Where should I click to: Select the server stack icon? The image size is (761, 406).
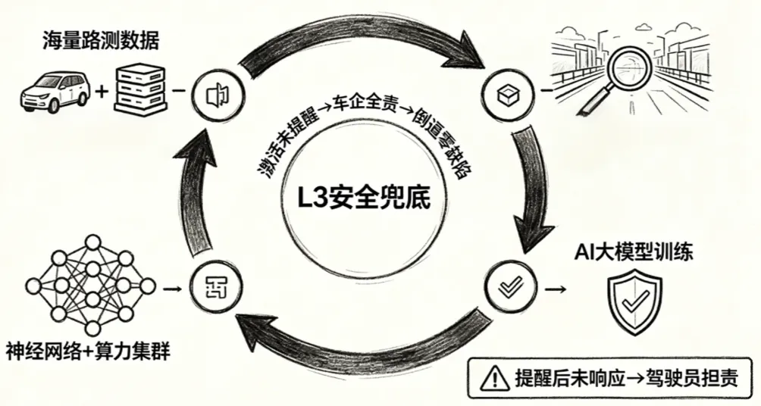[x=141, y=89]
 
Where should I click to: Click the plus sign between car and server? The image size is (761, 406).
[x=100, y=93]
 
